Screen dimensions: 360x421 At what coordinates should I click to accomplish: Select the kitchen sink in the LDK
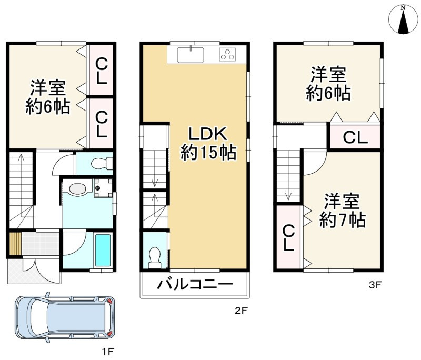coord(191,54)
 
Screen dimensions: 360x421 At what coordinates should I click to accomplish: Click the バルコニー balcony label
coord(194,286)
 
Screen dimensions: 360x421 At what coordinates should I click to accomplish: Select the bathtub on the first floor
coord(103,251)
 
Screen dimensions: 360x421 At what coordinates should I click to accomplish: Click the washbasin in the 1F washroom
coord(78,189)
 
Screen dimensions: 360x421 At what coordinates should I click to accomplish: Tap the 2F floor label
coord(240,311)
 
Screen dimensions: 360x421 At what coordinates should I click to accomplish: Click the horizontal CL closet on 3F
coord(355,137)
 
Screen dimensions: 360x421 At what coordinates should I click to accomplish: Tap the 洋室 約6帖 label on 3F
coord(328,84)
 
